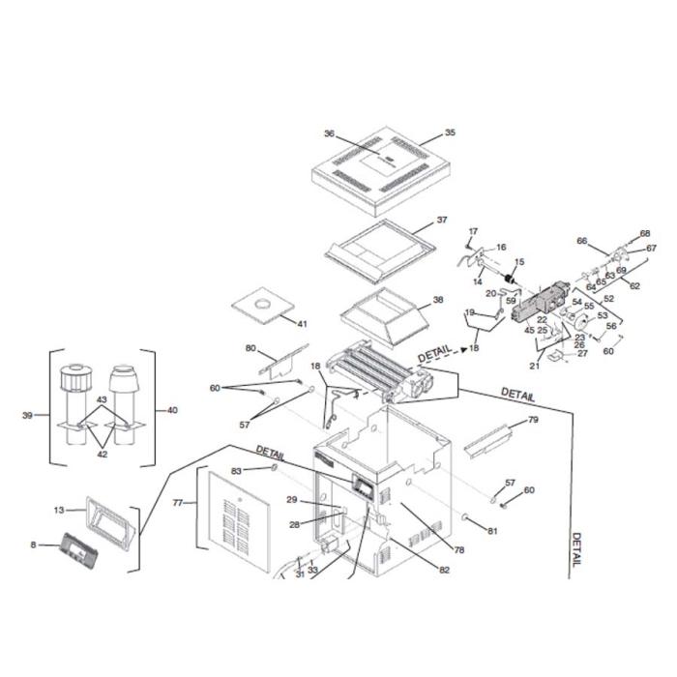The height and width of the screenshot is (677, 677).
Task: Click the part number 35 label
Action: coord(449,132)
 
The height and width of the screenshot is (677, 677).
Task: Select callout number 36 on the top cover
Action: coord(330,133)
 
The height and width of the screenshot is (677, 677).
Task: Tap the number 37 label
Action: coord(442,221)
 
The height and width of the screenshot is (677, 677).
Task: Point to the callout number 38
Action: coord(438,300)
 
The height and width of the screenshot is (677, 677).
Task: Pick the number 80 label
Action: coord(250,347)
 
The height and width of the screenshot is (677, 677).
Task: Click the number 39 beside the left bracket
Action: coord(27,415)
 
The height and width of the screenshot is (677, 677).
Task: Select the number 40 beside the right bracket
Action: coord(172,410)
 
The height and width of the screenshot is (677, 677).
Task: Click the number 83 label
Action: coord(235,470)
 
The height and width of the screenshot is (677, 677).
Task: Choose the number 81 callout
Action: coord(492,531)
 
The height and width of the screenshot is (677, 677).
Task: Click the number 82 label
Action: coord(444,571)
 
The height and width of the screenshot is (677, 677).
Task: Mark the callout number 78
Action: coord(459,549)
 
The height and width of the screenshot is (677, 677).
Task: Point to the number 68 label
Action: coord(646,233)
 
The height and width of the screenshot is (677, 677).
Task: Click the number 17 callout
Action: coord(473,230)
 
